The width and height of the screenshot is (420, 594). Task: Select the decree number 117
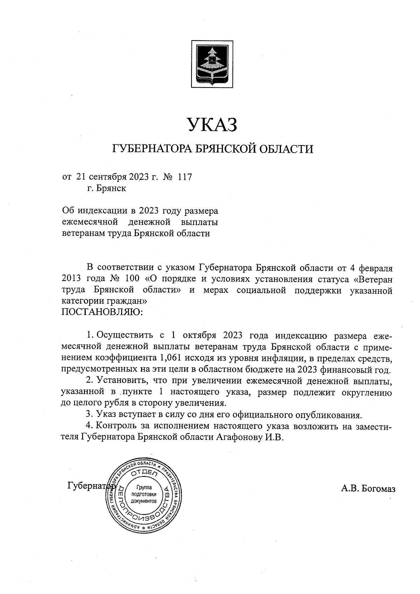(185, 177)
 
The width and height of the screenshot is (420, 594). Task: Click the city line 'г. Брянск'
(106, 189)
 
